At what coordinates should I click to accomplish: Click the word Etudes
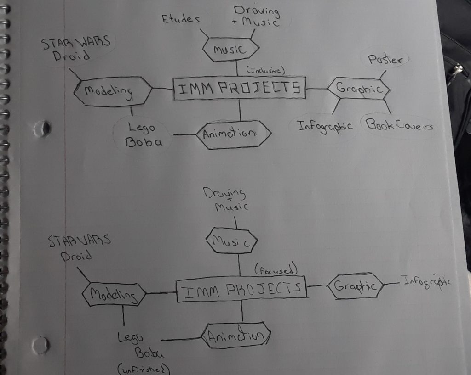tap(180, 19)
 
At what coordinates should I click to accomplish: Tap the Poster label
tap(385, 59)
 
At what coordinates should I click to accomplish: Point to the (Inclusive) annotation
tap(265, 70)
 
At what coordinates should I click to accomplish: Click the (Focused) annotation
tap(276, 270)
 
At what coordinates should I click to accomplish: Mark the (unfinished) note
tap(144, 369)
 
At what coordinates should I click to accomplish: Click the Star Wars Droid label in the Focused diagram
tap(79, 247)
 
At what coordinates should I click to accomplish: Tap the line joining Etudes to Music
tap(204, 34)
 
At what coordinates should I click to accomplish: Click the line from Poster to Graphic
tap(383, 75)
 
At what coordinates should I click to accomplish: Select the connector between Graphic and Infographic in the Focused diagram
tap(391, 283)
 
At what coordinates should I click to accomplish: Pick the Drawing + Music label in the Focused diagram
tap(225, 199)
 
